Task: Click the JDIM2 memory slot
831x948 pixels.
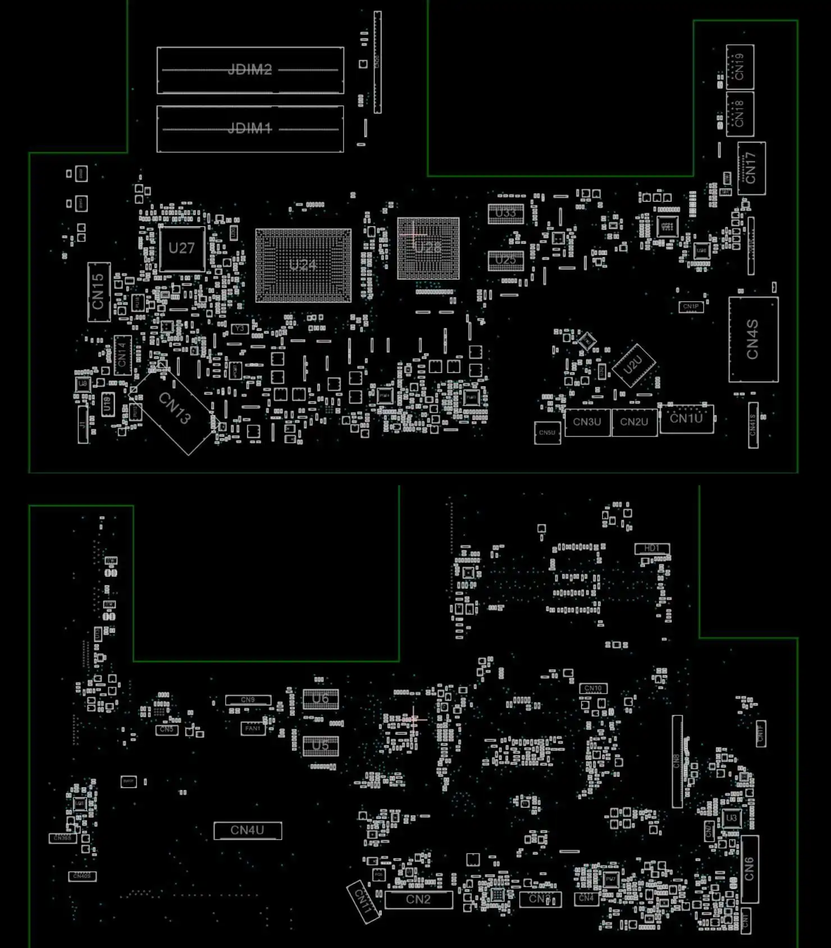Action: click(x=250, y=70)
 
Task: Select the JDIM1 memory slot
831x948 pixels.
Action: click(x=250, y=129)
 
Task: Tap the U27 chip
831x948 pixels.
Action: click(x=181, y=248)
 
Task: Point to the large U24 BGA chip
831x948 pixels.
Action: click(x=303, y=265)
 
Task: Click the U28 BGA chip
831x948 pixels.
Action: click(x=428, y=248)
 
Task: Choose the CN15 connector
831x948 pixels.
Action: click(x=99, y=291)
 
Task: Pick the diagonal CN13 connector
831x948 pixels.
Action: click(x=175, y=408)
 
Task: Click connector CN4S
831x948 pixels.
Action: click(x=753, y=339)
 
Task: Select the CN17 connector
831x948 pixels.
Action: click(x=751, y=168)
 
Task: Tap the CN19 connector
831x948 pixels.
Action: click(x=739, y=67)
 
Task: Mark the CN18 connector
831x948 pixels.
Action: click(x=739, y=114)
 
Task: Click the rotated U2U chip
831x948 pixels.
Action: click(x=633, y=365)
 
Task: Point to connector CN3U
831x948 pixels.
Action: click(x=587, y=422)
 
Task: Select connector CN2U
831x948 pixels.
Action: click(x=634, y=422)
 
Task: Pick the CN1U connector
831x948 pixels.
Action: click(x=686, y=418)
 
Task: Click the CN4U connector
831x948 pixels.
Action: click(x=248, y=830)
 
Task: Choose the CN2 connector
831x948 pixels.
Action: click(x=418, y=899)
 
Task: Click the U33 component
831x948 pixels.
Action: click(x=505, y=213)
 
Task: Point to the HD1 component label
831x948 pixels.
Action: click(x=652, y=548)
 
